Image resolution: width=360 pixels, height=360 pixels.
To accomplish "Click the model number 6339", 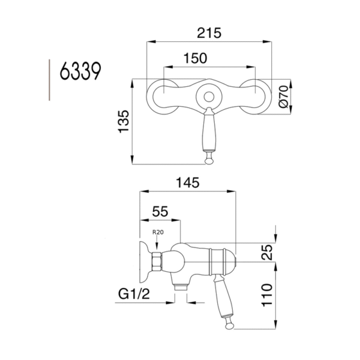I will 80,74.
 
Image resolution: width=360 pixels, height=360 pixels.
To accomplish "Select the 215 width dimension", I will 208,34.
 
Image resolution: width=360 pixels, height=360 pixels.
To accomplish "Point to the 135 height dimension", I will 123,122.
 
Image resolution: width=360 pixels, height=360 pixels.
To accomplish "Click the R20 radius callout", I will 157,232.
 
